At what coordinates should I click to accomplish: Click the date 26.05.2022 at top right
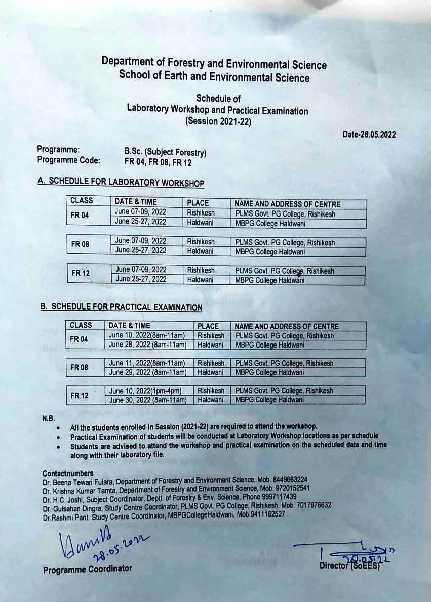click(x=369, y=135)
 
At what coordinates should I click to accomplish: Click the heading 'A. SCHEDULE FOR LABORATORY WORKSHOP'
click(x=121, y=183)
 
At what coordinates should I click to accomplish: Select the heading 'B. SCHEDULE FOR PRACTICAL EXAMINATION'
click(x=121, y=307)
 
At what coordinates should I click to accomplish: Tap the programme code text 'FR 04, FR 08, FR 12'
click(x=158, y=162)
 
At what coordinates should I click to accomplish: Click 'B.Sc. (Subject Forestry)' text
click(x=165, y=152)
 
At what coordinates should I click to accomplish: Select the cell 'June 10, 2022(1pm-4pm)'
click(x=145, y=391)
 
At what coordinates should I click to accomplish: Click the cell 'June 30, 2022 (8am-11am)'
click(x=148, y=400)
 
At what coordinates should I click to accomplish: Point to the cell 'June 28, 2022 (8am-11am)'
click(x=148, y=345)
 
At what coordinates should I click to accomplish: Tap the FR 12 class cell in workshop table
click(x=81, y=273)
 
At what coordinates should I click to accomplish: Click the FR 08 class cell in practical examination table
click(x=79, y=368)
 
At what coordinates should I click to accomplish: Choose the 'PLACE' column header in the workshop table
click(x=198, y=203)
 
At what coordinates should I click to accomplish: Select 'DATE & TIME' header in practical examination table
click(x=130, y=326)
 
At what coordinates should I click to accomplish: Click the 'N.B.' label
click(x=48, y=419)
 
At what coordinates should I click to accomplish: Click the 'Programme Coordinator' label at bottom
click(x=88, y=569)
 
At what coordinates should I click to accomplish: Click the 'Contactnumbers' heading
click(x=68, y=474)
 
